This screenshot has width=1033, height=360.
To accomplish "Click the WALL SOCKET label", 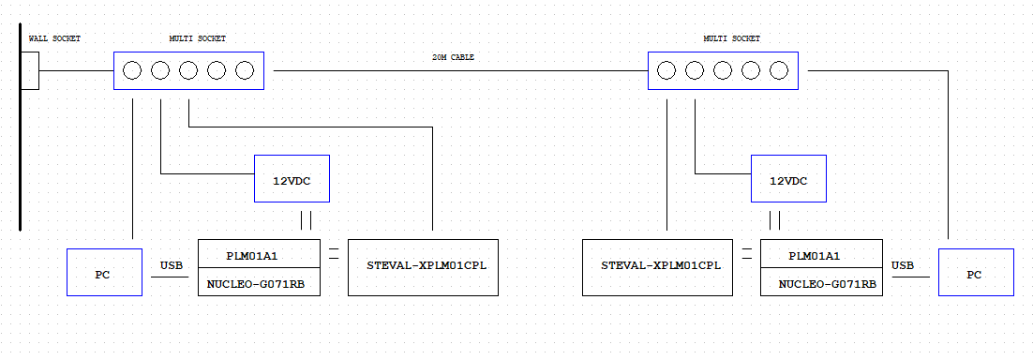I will tap(54, 38).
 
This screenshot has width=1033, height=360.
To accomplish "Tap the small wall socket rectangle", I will tap(30, 70).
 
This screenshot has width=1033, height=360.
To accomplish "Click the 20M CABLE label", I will tap(453, 57).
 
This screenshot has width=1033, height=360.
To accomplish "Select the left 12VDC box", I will tap(292, 178).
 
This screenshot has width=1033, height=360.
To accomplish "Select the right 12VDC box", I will tap(788, 178).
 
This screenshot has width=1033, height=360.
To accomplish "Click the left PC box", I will tap(104, 272).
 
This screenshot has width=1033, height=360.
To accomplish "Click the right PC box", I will tap(976, 272).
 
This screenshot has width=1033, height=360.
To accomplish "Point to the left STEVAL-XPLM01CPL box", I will tap(423, 267).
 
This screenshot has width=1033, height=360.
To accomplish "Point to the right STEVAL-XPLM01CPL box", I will tap(657, 267).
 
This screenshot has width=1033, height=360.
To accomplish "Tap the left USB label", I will tap(171, 265).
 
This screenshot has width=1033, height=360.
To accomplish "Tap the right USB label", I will tap(903, 265).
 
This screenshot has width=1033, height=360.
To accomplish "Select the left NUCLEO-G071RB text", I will tap(259, 282).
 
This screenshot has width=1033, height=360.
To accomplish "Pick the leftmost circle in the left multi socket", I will tap(132, 70).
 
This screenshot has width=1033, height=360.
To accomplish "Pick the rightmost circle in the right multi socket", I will tap(779, 70).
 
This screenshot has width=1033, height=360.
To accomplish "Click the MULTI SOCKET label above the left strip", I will tap(197, 38).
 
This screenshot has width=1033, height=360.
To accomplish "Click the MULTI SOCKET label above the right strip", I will tap(731, 38).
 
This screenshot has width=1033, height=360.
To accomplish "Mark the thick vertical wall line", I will tap(20, 131).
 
